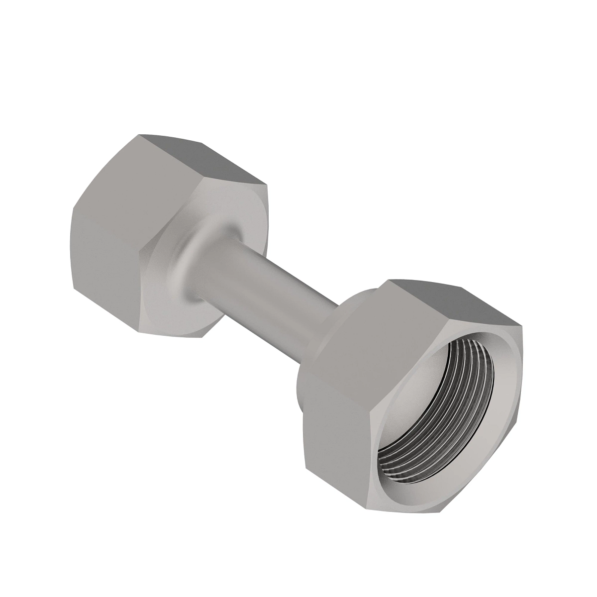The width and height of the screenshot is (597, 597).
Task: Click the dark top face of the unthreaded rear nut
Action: [x=199, y=159]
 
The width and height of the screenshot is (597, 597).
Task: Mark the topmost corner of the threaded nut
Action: [x=391, y=280]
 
